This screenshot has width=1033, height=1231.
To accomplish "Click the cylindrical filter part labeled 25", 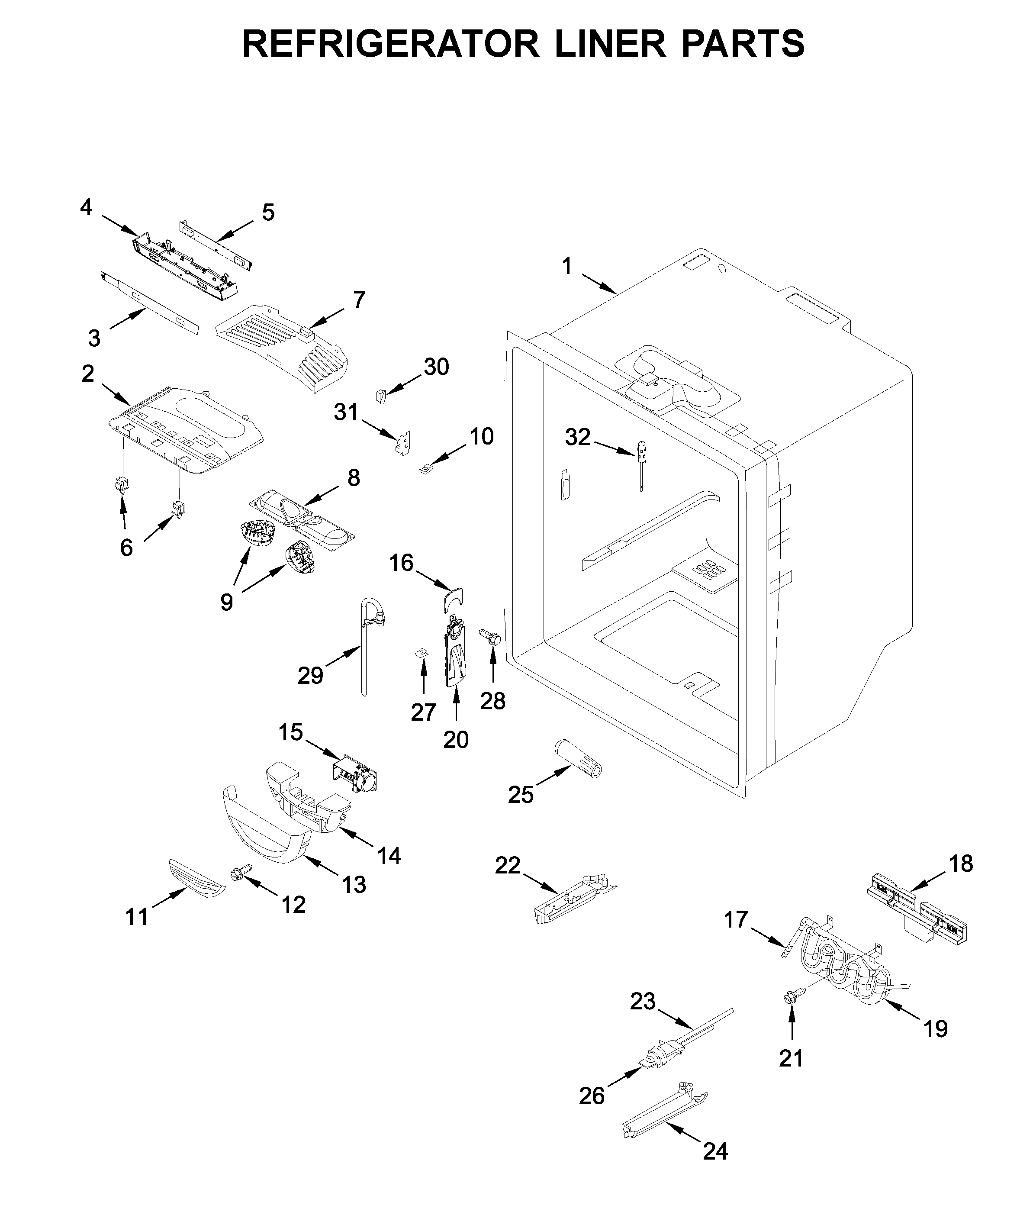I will coord(578,760).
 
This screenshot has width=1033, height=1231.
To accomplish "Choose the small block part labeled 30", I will coord(381,396).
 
